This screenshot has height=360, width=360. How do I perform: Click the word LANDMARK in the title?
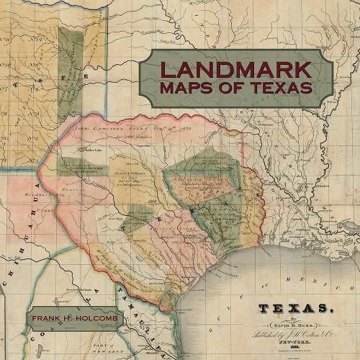tap(235, 70)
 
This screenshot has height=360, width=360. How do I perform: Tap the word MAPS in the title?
tap(189, 89)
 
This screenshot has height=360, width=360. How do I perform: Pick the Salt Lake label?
tap(93, 150)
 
